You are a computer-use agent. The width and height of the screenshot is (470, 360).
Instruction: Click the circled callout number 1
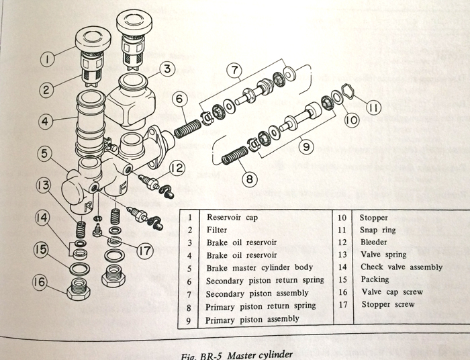coord(46,59)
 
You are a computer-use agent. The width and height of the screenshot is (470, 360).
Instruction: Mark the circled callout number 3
coord(166,69)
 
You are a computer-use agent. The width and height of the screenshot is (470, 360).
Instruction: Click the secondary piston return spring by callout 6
coord(187,127)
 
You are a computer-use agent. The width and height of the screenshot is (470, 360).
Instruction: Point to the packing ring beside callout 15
coord(79,269)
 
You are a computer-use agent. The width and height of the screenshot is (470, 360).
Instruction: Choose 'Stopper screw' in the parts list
coord(387,304)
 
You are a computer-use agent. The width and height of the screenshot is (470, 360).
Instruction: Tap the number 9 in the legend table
coord(190,320)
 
